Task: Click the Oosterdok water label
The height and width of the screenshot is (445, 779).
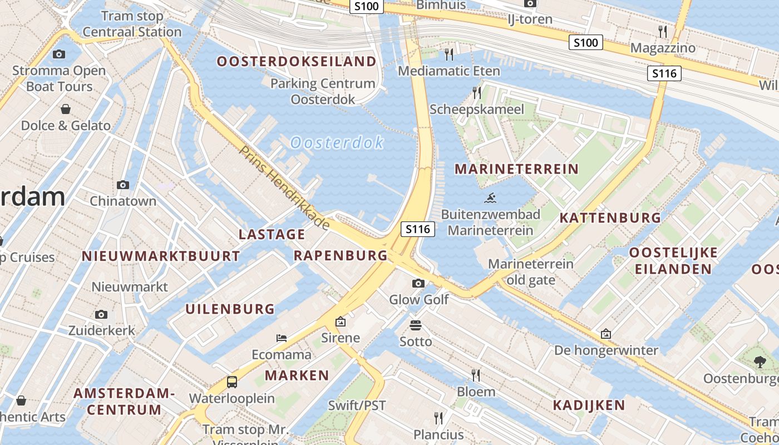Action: (x=337, y=143)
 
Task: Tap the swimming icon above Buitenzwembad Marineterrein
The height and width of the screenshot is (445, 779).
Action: (x=490, y=198)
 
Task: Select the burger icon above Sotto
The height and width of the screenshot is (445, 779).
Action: (x=416, y=325)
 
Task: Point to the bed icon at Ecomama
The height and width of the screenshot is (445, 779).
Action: (x=282, y=338)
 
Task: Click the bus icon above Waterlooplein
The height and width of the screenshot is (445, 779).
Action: (x=232, y=382)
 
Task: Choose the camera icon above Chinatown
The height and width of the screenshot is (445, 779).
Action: (x=123, y=185)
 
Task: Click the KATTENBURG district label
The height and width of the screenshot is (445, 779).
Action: (x=610, y=217)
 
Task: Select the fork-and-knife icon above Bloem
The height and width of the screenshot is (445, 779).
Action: (x=476, y=375)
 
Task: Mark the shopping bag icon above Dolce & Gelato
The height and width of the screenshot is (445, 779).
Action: (x=66, y=109)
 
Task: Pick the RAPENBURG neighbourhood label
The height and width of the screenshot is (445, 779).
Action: (x=340, y=255)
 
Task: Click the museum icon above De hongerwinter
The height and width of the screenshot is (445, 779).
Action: (x=606, y=334)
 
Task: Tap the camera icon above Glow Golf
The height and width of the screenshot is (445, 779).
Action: (x=418, y=284)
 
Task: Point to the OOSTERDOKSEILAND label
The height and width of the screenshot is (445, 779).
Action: (x=297, y=61)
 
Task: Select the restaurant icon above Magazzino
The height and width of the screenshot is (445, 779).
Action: (x=662, y=31)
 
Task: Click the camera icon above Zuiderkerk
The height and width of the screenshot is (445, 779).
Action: (x=101, y=314)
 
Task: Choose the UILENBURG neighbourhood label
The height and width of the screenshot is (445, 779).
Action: (x=230, y=309)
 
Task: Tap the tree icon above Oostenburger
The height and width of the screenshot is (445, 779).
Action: (x=760, y=363)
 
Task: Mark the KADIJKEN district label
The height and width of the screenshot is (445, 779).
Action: (x=589, y=405)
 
